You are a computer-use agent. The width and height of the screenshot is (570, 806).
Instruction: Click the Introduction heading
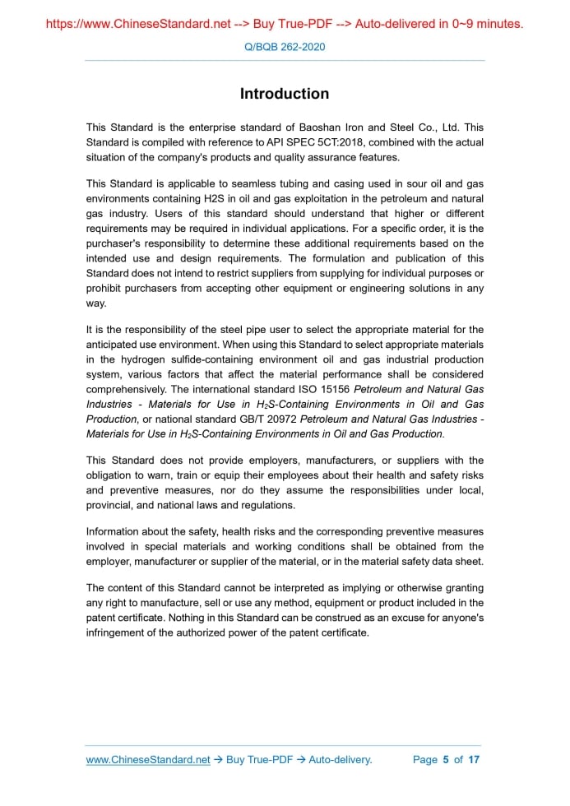pos(285,94)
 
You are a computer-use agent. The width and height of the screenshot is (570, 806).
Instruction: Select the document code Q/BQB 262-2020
pos(285,47)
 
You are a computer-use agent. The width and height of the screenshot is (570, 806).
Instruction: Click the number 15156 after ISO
pos(337,389)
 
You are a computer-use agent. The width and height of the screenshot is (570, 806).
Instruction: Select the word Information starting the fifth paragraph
pos(117,531)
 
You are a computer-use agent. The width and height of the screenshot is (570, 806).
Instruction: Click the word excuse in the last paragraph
pos(386,618)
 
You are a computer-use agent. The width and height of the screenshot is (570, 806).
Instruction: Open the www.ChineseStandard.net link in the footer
pos(148,759)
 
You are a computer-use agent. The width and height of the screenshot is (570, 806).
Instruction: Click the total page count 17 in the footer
pos(474,759)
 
